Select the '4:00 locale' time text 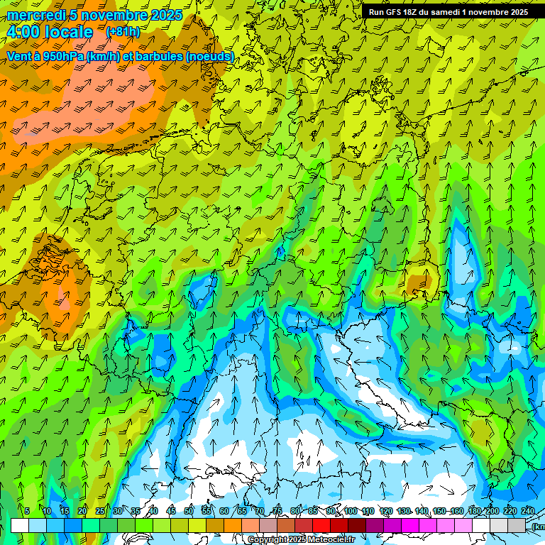(50, 32)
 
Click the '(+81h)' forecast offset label (123, 32)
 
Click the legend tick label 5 (27, 511)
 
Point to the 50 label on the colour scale (188, 511)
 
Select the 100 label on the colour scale (350, 511)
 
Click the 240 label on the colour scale (527, 511)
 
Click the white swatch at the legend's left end (20, 525)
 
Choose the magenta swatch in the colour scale (410, 525)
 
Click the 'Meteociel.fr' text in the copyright (331, 540)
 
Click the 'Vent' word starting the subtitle (20, 56)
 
